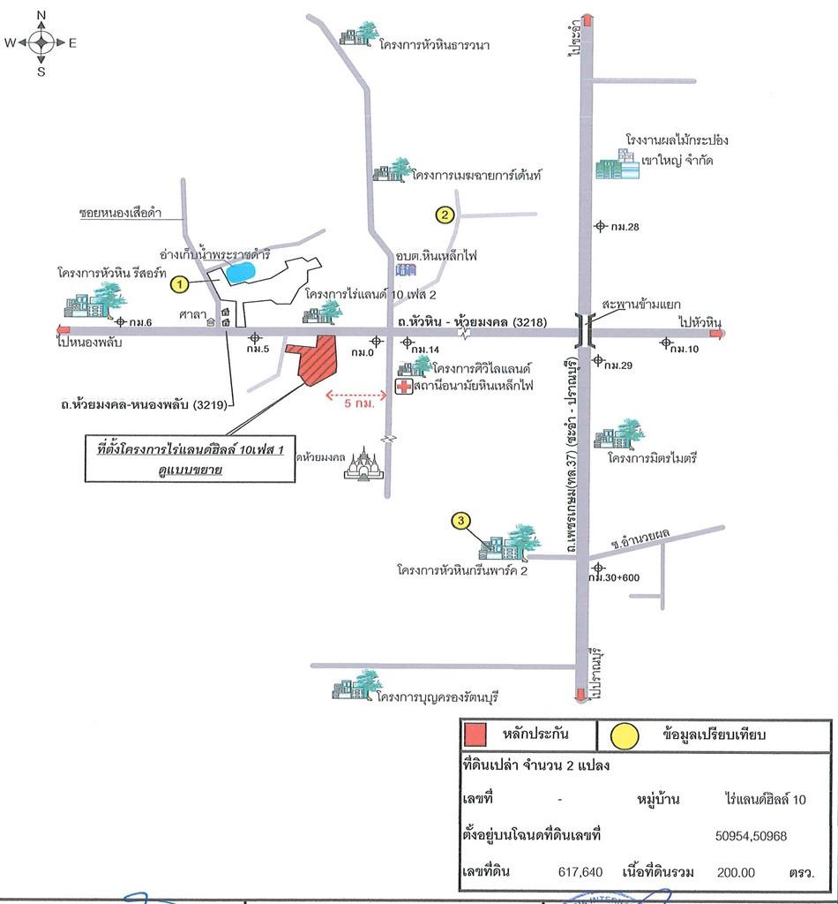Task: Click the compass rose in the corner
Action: click(x=41, y=41)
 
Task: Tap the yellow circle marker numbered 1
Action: click(x=179, y=284)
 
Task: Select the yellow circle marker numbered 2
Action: click(x=445, y=214)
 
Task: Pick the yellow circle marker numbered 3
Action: click(x=460, y=521)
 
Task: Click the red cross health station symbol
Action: click(x=403, y=387)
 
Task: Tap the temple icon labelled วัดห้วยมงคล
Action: click(x=363, y=463)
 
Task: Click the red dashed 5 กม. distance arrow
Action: click(x=357, y=395)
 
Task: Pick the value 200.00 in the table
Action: click(x=736, y=871)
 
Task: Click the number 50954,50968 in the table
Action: click(x=751, y=834)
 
